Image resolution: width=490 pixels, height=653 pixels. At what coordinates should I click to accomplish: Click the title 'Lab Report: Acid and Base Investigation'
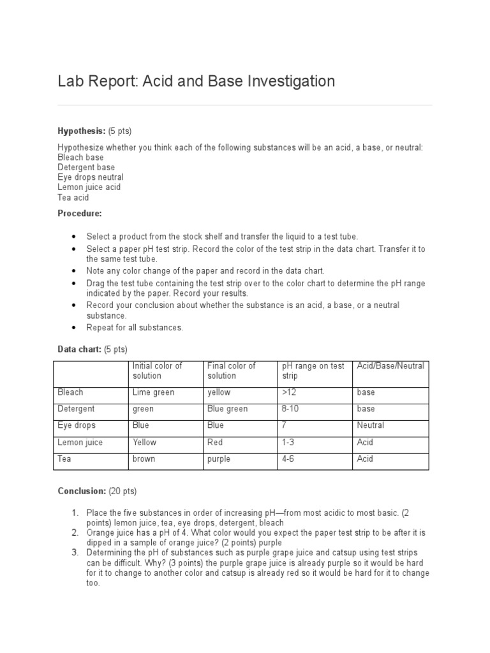coord(196,82)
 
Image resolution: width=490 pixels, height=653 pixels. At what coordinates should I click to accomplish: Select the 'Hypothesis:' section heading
coord(82,131)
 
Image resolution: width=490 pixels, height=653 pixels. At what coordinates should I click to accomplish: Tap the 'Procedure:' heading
coord(79,213)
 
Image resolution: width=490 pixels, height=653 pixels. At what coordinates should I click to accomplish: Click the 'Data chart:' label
coord(80,349)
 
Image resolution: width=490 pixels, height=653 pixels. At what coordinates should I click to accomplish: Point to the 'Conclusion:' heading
coord(82,491)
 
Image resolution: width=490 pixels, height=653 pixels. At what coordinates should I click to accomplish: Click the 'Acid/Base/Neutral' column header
coord(390,366)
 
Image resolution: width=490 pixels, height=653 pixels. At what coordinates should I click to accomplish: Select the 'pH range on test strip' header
coord(313,371)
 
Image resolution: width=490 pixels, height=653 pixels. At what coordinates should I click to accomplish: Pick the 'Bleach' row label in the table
coord(70,392)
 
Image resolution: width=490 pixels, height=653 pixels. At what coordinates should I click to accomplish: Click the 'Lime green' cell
coord(153,392)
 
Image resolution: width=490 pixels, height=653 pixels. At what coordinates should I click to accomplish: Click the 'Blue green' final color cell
coord(227,409)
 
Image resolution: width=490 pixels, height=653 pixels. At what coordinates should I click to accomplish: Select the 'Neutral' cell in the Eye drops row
coord(370,425)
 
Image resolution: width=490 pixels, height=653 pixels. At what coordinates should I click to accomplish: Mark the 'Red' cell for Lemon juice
coord(214,442)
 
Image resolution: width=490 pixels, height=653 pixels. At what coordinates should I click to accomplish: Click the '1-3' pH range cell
coord(288,442)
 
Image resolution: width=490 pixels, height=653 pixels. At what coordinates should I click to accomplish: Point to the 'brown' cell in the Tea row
coord(144,459)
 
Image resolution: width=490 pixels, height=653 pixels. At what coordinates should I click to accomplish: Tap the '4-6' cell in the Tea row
coord(288,459)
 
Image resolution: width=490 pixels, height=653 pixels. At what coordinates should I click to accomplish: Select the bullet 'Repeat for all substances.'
coord(135,327)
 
